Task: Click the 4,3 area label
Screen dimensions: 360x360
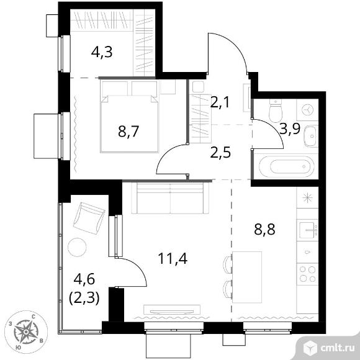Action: coord(102,52)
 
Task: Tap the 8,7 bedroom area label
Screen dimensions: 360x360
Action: coord(128,132)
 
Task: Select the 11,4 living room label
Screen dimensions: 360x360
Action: coord(173,259)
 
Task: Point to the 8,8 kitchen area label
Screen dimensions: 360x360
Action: coord(264,230)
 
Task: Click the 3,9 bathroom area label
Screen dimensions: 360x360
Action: coord(290,129)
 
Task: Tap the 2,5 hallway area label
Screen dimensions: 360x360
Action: coord(220,153)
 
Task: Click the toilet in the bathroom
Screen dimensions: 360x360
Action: coord(276,111)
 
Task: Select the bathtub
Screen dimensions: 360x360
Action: coord(286,166)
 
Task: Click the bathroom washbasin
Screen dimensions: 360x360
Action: coord(311,136)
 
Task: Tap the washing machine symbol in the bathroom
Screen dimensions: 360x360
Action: coord(307,110)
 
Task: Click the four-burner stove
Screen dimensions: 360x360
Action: coord(307,274)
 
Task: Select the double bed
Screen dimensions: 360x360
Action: coord(129,116)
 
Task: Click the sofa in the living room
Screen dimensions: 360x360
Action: coord(170,198)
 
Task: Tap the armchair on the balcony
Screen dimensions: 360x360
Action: coord(89,218)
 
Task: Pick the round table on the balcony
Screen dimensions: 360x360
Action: coord(77,247)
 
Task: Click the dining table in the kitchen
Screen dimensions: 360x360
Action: coord(247,277)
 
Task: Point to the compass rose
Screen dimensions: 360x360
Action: coord(26,332)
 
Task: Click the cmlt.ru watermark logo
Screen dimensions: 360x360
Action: coord(329,348)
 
